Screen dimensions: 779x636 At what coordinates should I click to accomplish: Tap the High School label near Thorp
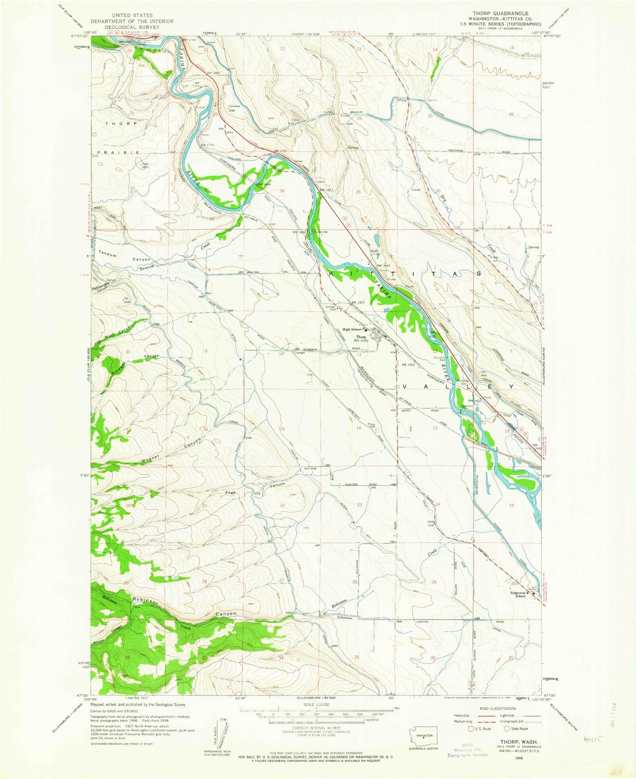point(352,329)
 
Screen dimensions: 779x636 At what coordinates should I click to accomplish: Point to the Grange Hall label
point(331,307)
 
